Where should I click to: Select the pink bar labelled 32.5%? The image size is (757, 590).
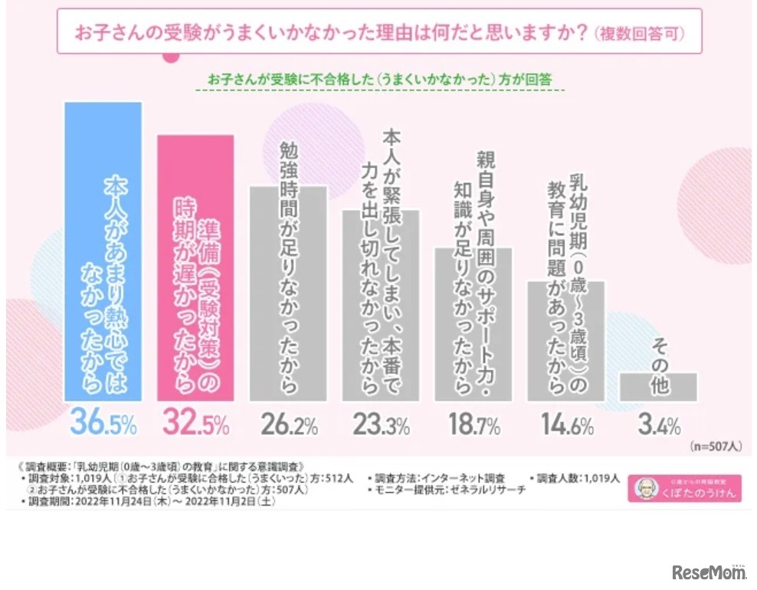195,268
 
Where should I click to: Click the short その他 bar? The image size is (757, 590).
658,386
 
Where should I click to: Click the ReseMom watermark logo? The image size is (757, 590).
708,571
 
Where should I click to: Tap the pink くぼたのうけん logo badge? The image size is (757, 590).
684,489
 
